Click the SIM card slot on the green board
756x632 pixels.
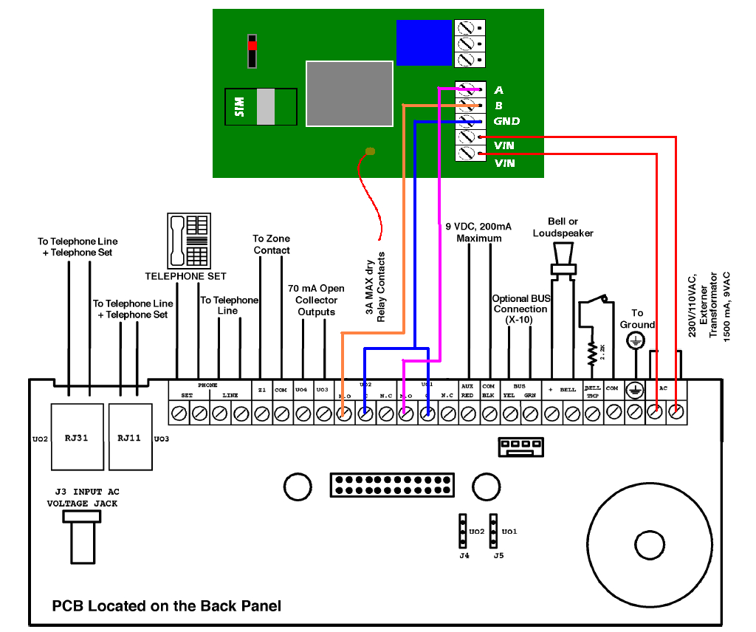[x=261, y=107]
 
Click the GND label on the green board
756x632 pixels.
[x=506, y=121]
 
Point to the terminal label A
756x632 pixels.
[x=498, y=90]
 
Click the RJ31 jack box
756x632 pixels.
[x=76, y=437]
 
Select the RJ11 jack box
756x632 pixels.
[x=129, y=437]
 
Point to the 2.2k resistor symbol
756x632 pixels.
[x=591, y=354]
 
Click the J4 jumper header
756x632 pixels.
[x=464, y=532]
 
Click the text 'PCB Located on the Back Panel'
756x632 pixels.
[x=166, y=606]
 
